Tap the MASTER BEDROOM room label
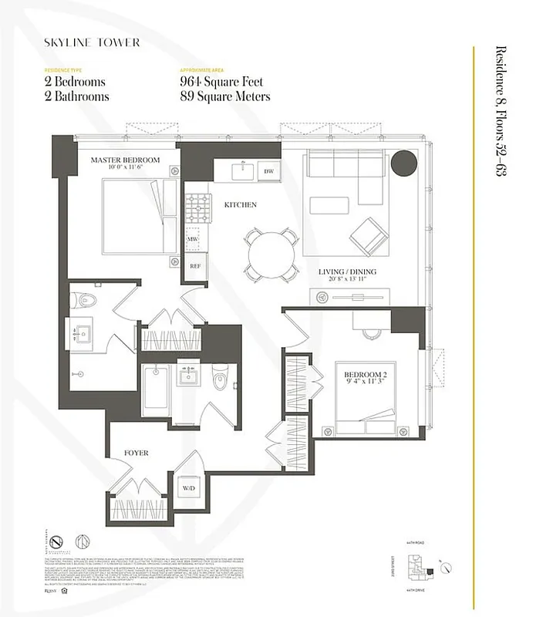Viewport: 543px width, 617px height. coord(124,160)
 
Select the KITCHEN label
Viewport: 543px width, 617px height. coord(240,204)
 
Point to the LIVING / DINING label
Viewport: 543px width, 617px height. coord(346,273)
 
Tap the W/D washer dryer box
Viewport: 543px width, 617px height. coord(189,488)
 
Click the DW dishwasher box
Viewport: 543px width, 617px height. coord(268,170)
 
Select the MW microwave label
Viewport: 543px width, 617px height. coord(194,240)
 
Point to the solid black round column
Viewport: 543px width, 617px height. coord(403,164)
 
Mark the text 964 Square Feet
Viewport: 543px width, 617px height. coord(221,82)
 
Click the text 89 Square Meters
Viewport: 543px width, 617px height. coord(224,96)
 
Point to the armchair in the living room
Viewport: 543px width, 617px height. coord(368,234)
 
